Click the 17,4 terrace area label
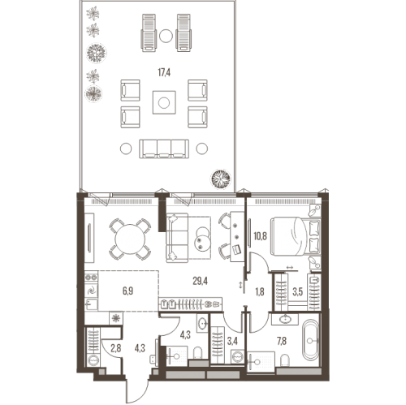click(164, 72)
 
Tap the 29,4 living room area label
click(200, 282)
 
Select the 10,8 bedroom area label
click(260, 236)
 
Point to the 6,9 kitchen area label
click(127, 291)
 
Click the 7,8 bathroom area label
click(282, 341)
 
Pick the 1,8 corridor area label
click(259, 292)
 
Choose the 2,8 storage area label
click(115, 348)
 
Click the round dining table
click(130, 239)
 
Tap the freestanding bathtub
click(311, 341)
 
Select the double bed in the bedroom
click(296, 236)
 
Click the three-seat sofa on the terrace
click(164, 149)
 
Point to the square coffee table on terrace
click(164, 102)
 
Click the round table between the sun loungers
click(166, 36)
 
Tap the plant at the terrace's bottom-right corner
click(221, 179)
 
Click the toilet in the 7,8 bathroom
click(285, 360)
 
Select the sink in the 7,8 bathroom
click(285, 319)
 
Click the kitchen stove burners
click(91, 278)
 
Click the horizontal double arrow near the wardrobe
click(290, 268)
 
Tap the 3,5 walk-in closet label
click(297, 292)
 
